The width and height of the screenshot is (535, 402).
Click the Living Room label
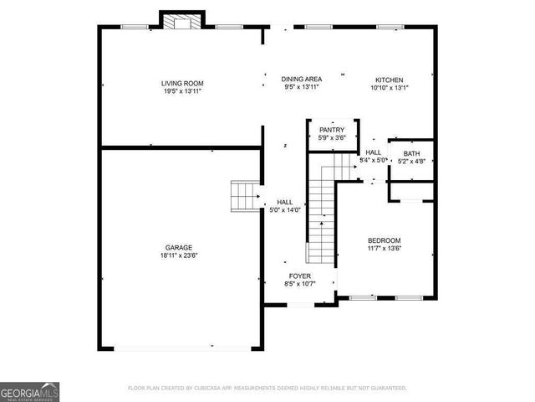click(182, 83)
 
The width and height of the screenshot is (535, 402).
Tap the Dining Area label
click(302, 78)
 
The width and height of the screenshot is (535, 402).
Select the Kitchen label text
click(389, 78)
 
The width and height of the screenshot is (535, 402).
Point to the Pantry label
click(332, 131)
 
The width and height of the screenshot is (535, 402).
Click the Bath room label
click(411, 153)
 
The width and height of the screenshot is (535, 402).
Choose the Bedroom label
click(384, 240)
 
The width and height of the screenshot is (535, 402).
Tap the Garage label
click(178, 247)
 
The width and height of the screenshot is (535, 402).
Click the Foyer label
click(300, 276)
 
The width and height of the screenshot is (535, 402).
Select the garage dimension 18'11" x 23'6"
click(178, 255)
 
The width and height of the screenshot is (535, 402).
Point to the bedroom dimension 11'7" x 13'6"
click(384, 248)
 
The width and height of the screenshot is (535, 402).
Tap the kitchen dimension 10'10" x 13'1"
click(389, 86)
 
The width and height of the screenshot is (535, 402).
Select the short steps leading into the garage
click(244, 197)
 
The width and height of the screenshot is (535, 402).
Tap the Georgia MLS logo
click(29, 391)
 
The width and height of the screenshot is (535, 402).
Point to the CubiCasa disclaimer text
click(267, 388)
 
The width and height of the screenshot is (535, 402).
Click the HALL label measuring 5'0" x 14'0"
click(284, 202)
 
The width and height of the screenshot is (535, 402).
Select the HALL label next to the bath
click(373, 152)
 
